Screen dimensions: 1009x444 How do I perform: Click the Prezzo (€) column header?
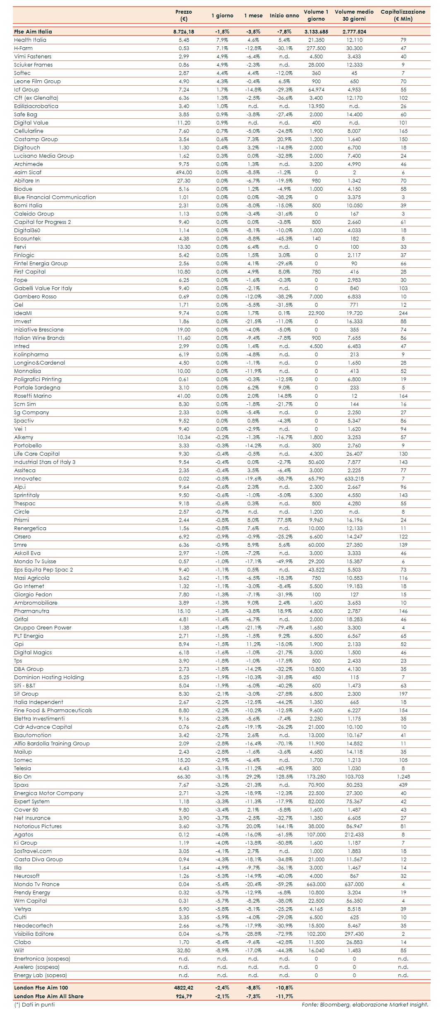pos(184,15)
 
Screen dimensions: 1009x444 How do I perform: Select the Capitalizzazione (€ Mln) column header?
pos(403,15)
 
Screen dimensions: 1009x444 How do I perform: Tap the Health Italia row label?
pos(30,40)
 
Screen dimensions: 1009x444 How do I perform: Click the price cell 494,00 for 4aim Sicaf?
pos(184,173)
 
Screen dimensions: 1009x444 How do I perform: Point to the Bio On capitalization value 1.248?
pos(403,777)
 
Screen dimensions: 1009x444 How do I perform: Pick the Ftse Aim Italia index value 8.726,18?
pos(184,31)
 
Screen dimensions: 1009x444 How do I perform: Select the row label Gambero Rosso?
pos(35,297)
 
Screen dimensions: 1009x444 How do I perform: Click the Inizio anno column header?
pos(284,16)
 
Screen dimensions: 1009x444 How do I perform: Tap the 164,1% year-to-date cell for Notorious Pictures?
pos(284,826)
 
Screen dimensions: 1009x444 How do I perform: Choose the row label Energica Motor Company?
pos(49,793)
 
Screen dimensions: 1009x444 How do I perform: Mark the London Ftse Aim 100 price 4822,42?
pos(184,987)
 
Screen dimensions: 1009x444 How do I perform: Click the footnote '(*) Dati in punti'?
pos(34,1004)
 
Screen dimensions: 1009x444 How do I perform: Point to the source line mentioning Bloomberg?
pos(365,1004)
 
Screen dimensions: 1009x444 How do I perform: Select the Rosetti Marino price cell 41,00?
pos(184,396)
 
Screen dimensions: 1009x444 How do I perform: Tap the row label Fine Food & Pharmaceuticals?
pos(53,711)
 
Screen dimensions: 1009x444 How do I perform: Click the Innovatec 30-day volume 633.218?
pos(354,479)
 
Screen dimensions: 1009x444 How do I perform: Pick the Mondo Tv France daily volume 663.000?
pos(316,884)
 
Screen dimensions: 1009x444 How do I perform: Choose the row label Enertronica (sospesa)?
pos(42,959)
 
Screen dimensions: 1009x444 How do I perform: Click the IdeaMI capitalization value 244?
pos(403,313)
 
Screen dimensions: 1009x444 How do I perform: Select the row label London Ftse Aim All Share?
pos(49,996)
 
